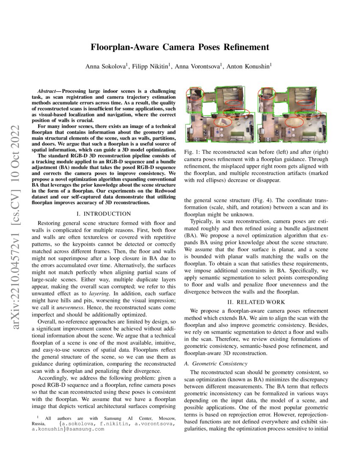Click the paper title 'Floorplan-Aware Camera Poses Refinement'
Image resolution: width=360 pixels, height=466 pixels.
pos(180,47)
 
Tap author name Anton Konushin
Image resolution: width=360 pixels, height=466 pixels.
pos(251,66)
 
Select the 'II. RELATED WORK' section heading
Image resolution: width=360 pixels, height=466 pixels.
pos(255,302)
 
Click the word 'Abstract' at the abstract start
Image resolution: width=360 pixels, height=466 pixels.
pos(45,91)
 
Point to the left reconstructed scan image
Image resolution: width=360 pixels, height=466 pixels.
pos(220,114)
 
